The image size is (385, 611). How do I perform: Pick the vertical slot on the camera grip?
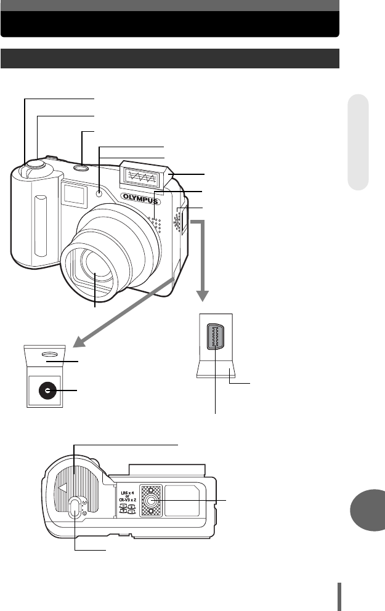pos(40,225)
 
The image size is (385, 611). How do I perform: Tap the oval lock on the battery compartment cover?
pos(75,508)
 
